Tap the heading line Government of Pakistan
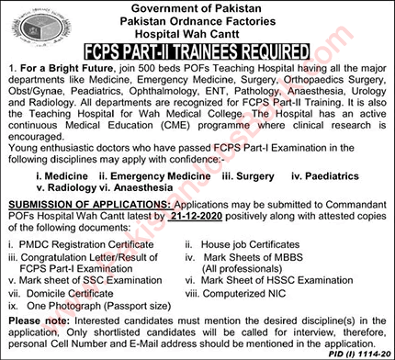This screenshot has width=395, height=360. [x=198, y=9]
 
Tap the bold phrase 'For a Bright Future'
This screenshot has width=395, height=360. [x=54, y=71]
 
